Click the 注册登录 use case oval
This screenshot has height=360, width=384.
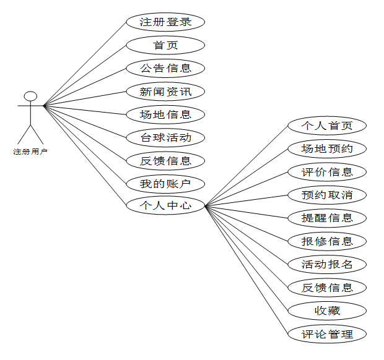[165, 22]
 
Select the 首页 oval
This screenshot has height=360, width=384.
[165, 45]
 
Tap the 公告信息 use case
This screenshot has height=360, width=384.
[165, 68]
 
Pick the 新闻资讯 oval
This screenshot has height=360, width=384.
[165, 92]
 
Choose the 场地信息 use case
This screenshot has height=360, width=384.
[165, 114]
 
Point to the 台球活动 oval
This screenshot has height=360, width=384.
[165, 137]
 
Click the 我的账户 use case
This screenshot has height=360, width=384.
[165, 184]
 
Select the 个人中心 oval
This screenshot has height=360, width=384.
[165, 206]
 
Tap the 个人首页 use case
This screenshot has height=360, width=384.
[327, 126]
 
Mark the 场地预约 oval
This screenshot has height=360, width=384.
[327, 148]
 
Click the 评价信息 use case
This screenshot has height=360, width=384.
[327, 172]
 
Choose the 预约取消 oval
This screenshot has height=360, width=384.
[327, 195]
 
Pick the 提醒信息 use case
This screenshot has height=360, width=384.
[327, 218]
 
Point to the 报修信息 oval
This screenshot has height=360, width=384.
[327, 241]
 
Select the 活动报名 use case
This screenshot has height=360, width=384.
[327, 264]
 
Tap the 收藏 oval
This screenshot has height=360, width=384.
[327, 311]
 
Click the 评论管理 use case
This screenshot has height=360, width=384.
[327, 334]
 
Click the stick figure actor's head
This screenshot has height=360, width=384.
[30, 96]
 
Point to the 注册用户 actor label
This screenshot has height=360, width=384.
[30, 152]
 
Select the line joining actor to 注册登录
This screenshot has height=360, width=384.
[85, 63]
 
